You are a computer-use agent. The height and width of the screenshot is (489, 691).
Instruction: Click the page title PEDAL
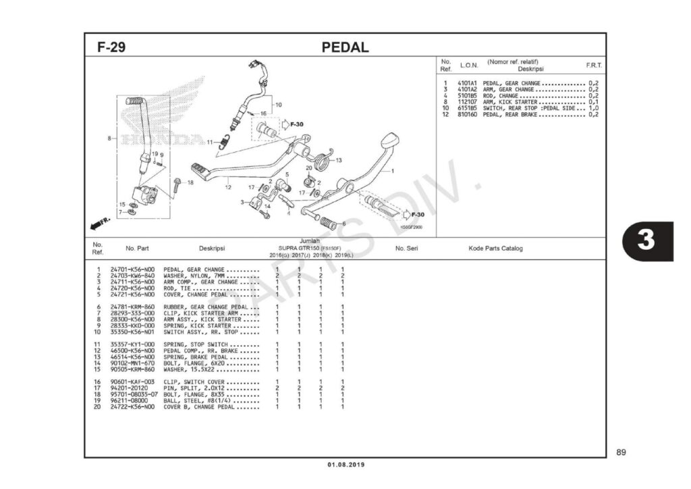[345, 47]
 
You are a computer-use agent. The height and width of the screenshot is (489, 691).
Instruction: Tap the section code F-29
[111, 48]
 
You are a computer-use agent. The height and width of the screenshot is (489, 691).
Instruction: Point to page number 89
[621, 452]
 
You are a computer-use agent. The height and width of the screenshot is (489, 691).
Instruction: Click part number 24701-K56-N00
[132, 270]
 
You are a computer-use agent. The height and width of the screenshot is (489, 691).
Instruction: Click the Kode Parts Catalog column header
[495, 249]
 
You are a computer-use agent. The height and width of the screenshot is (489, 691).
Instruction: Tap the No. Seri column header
[407, 249]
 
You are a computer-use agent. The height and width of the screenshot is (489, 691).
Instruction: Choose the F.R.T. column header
[594, 66]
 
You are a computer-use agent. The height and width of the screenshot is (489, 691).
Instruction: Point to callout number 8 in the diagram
[109, 138]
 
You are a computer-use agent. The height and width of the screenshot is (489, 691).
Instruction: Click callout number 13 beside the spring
[339, 160]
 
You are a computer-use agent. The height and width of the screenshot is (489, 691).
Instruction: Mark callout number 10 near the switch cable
[278, 105]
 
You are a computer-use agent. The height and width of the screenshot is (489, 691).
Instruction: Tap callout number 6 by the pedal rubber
[343, 224]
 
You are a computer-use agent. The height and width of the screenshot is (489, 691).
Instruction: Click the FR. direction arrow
[100, 222]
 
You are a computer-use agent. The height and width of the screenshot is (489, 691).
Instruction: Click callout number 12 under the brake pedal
[228, 187]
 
